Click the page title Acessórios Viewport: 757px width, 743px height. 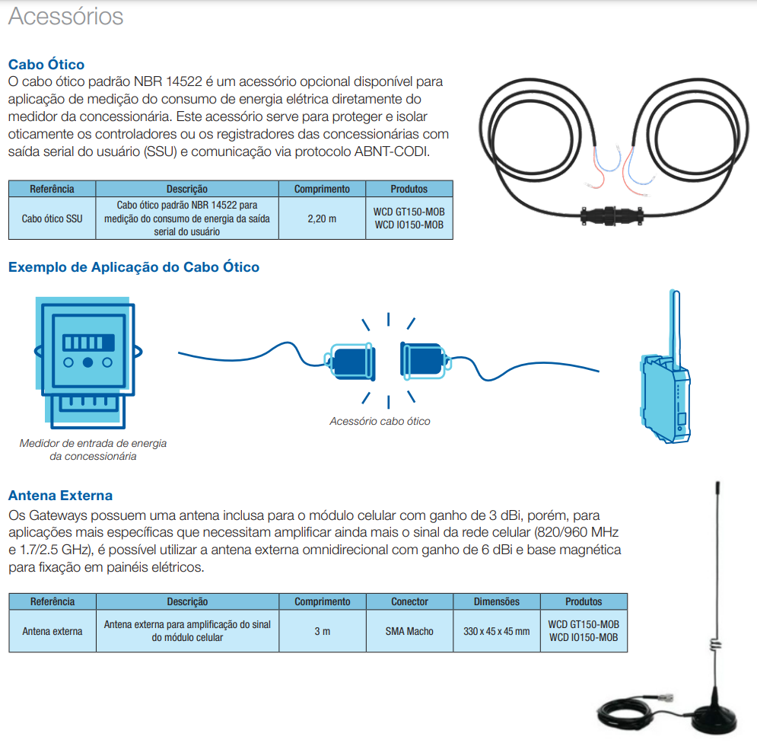click(x=65, y=17)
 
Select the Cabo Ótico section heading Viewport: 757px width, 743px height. click(x=46, y=65)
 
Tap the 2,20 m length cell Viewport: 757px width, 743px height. click(x=322, y=218)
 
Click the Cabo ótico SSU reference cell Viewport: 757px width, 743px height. click(x=52, y=218)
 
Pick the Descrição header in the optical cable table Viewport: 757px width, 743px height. click(x=187, y=189)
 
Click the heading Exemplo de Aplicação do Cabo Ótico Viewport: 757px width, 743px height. click(x=134, y=267)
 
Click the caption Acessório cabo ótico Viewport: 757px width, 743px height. click(x=380, y=421)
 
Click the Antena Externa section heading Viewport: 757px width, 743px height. click(x=60, y=496)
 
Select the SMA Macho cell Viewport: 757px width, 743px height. click(x=409, y=631)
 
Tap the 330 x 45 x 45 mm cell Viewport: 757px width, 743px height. click(x=497, y=631)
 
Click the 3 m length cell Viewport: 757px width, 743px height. click(x=322, y=631)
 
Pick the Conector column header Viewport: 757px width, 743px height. click(x=409, y=601)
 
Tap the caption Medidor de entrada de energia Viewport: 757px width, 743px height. click(x=93, y=443)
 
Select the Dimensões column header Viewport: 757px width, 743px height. click(x=497, y=601)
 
